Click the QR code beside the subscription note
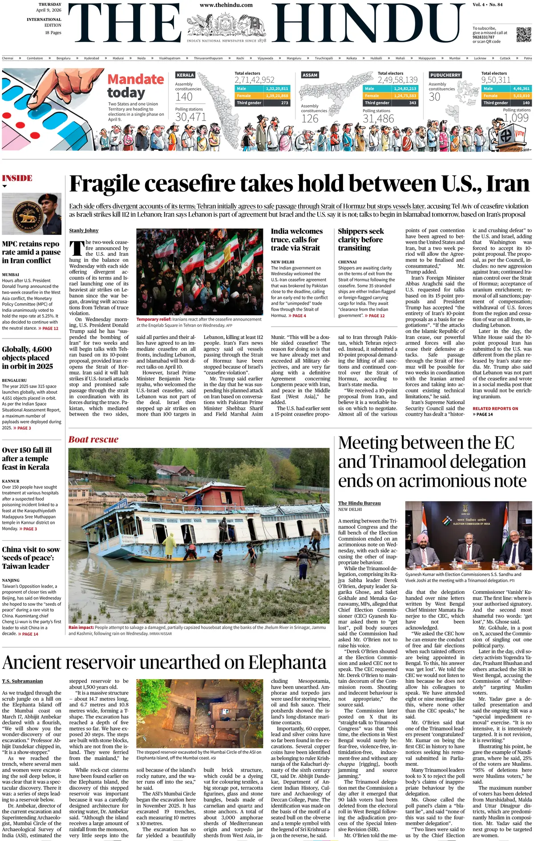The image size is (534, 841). [524, 35]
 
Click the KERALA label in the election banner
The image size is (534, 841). [185, 75]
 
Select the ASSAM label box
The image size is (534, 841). [310, 75]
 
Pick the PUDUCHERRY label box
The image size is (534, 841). [445, 75]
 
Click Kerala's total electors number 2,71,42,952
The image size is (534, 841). [255, 80]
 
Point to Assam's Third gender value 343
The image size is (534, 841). [413, 103]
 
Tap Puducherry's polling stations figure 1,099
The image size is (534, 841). [517, 118]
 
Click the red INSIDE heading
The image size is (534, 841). [17, 178]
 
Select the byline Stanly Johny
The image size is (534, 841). [84, 230]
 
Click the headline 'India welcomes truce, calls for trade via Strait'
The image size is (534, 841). [297, 240]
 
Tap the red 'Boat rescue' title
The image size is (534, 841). [93, 440]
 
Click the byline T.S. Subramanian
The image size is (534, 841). [23, 681]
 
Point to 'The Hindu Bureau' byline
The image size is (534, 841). [359, 503]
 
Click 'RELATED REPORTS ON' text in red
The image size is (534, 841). [495, 408]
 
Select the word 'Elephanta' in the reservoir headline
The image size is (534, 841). [287, 663]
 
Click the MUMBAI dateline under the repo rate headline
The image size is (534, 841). [11, 274]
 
